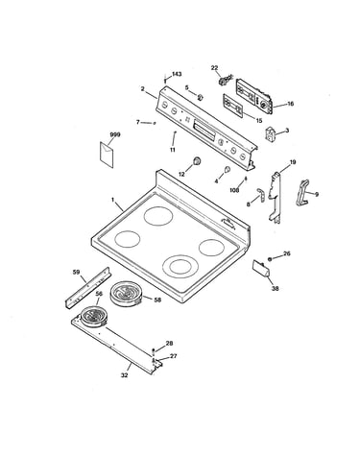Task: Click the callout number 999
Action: click(115, 134)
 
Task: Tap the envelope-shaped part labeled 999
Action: click(107, 155)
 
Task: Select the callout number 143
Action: click(177, 74)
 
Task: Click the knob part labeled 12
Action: click(197, 160)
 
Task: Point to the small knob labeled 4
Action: click(227, 169)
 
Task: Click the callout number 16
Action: click(290, 104)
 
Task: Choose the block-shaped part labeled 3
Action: click(270, 133)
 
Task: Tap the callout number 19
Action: click(293, 162)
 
